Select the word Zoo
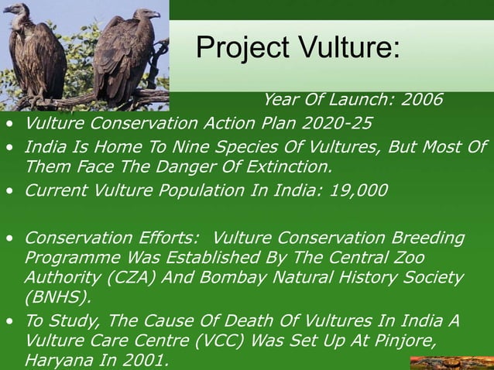tap(410, 256)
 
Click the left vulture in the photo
tap(35, 50)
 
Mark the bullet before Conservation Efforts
tap(9, 238)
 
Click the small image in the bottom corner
tap(451, 363)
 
